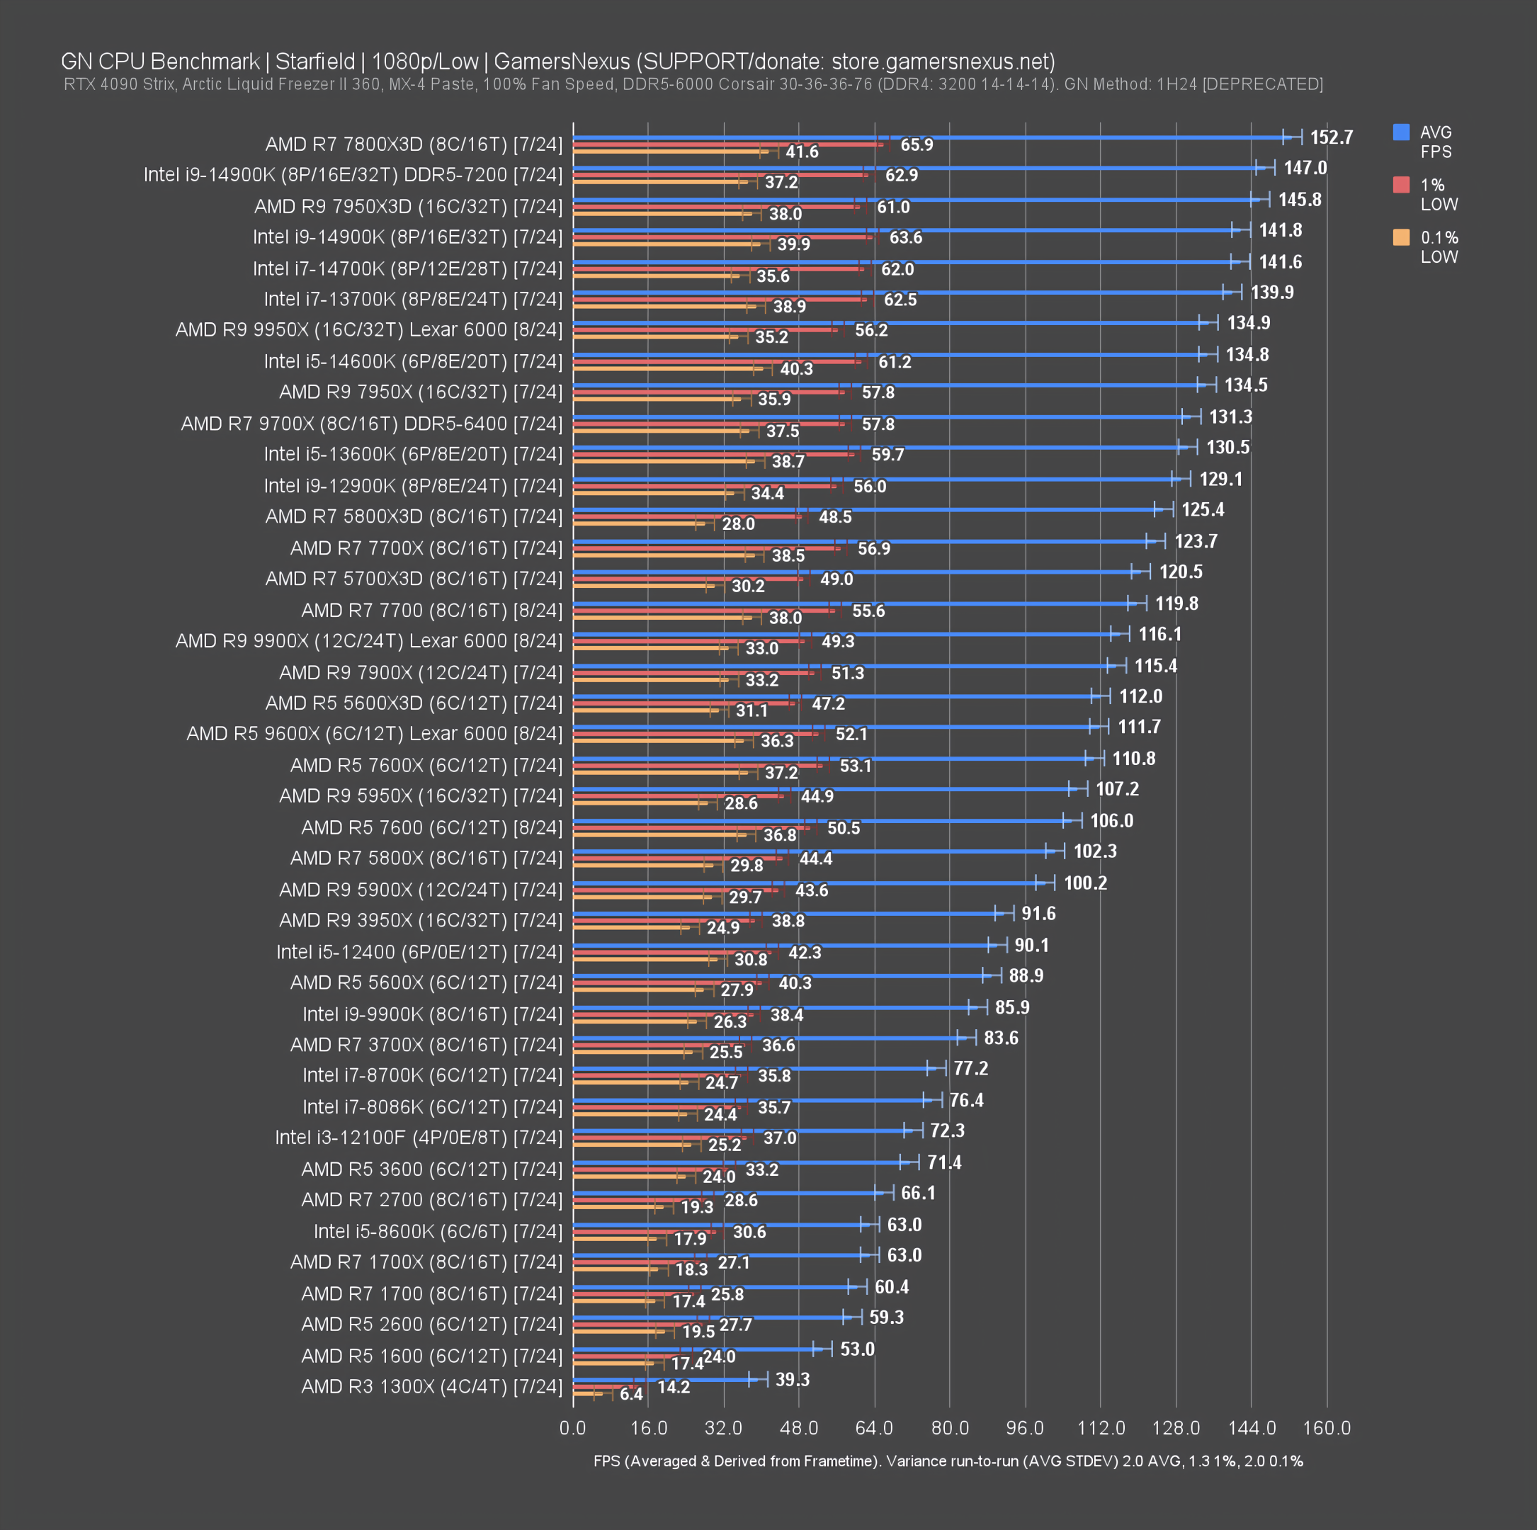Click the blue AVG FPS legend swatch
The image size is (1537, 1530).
coord(1401,132)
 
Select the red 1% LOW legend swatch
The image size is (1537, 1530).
coord(1401,185)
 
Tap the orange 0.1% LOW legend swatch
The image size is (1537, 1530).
coord(1401,237)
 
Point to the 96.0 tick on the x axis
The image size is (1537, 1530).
coord(1025,1427)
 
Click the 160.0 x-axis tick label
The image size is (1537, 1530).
coord(1326,1427)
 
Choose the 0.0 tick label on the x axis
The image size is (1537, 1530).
coord(573,1427)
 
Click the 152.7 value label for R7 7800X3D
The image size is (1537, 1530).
coord(1331,137)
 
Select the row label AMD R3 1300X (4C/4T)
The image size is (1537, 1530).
coord(431,1387)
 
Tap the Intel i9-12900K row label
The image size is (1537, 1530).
coord(413,485)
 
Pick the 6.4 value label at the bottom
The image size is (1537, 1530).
coord(631,1394)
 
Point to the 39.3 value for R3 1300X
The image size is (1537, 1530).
coord(793,1380)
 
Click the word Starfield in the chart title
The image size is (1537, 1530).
coord(315,61)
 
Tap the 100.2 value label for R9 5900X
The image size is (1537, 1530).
coord(1085,883)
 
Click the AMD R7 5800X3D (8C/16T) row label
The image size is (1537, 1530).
coord(414,516)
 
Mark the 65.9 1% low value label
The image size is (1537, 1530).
coord(917,144)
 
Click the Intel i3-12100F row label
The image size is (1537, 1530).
coord(419,1138)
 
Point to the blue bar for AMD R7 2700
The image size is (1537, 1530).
coord(724,1194)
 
